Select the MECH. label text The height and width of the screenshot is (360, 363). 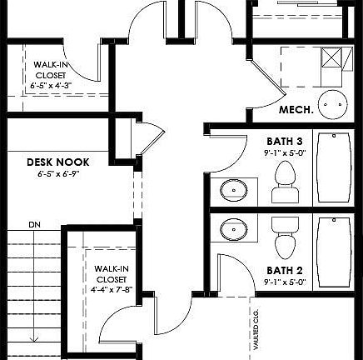click(295, 110)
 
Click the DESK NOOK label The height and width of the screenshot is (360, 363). click(57, 162)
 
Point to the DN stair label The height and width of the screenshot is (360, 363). click(34, 224)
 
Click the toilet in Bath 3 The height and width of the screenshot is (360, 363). click(286, 182)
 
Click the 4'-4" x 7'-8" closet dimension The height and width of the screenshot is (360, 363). click(111, 289)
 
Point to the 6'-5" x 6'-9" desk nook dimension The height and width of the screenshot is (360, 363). click(57, 175)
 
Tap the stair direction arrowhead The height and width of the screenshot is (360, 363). click(35, 337)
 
